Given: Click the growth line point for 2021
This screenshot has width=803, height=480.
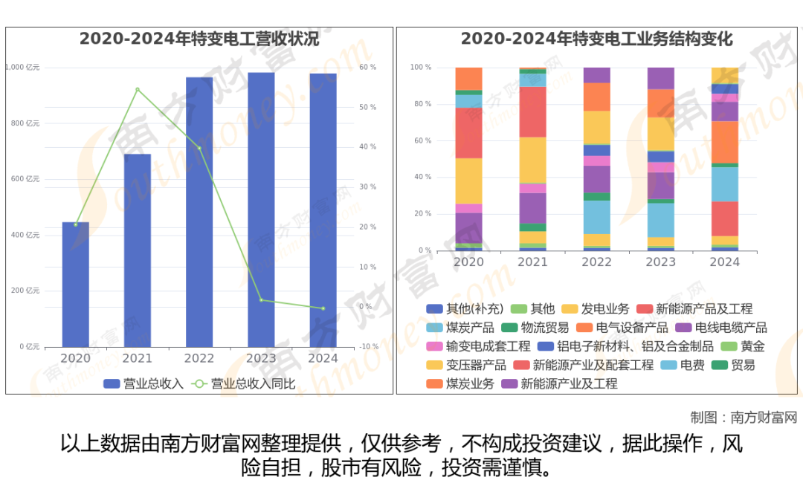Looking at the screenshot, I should click(x=138, y=89).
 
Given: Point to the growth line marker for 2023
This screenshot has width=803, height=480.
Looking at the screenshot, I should click(x=261, y=300).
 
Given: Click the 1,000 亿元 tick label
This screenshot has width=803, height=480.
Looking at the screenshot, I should click(x=23, y=68).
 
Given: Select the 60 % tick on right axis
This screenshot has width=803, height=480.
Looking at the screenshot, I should click(x=368, y=68).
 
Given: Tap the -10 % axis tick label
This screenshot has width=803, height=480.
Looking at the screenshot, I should click(x=368, y=347).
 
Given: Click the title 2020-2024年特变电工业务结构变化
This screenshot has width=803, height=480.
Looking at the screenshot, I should click(x=597, y=39).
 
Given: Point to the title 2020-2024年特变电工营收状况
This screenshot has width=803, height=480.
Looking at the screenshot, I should click(x=199, y=39).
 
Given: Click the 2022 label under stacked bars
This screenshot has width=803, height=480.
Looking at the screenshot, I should click(x=596, y=262).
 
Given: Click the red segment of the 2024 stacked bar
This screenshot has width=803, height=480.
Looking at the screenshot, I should click(x=725, y=218).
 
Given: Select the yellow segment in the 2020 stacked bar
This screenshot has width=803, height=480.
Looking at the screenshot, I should click(x=469, y=181).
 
